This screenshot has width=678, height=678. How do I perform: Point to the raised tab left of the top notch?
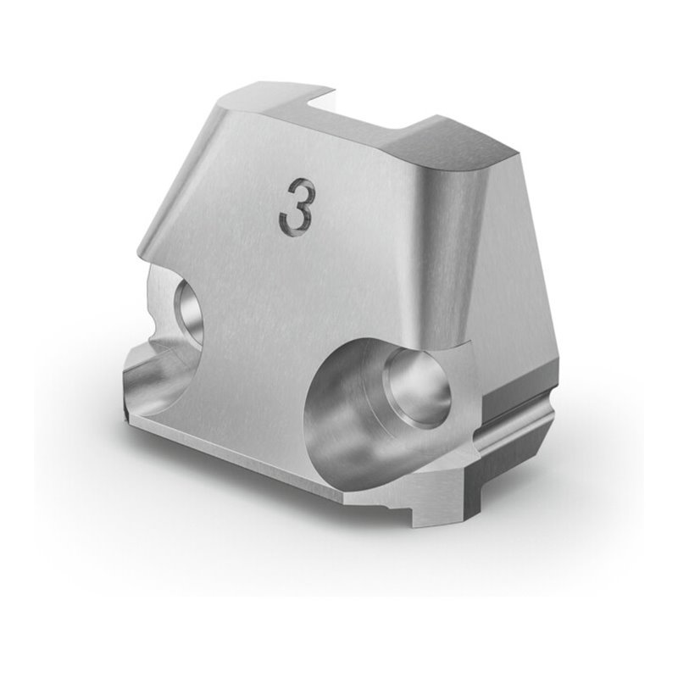pyautogui.click(x=288, y=93)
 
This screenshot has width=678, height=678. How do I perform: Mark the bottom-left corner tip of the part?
pyautogui.click(x=125, y=415)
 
